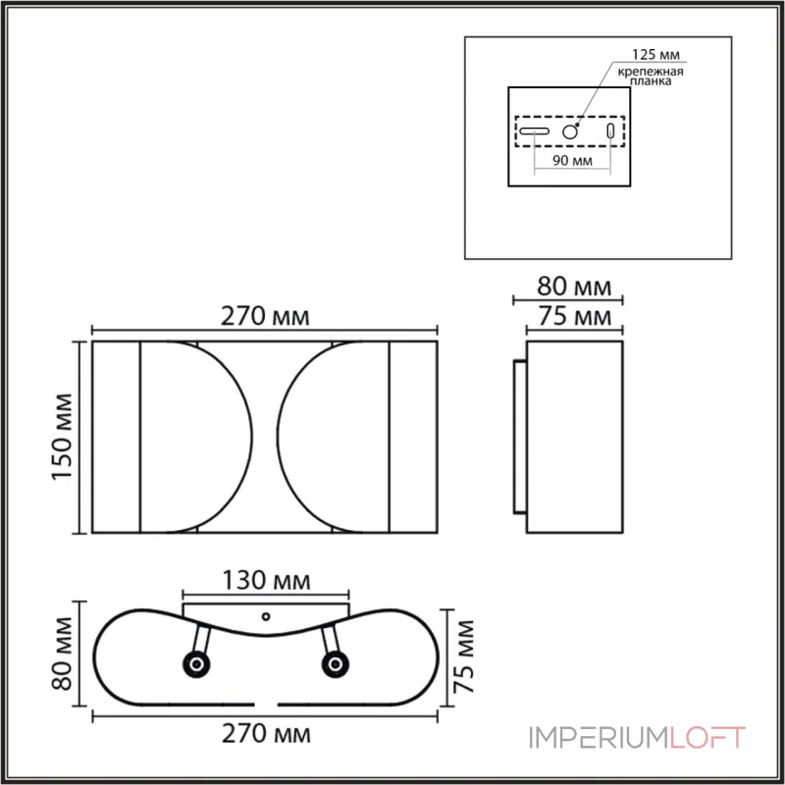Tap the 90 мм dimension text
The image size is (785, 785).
(x=573, y=162)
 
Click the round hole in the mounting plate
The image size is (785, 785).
(x=571, y=131)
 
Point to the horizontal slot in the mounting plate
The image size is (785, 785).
(x=535, y=131)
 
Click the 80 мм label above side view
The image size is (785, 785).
(x=574, y=288)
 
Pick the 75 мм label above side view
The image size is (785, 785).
(x=574, y=316)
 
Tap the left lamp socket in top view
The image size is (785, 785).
(x=196, y=666)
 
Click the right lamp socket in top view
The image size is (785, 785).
(x=336, y=666)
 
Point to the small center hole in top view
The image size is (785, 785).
(x=266, y=617)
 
